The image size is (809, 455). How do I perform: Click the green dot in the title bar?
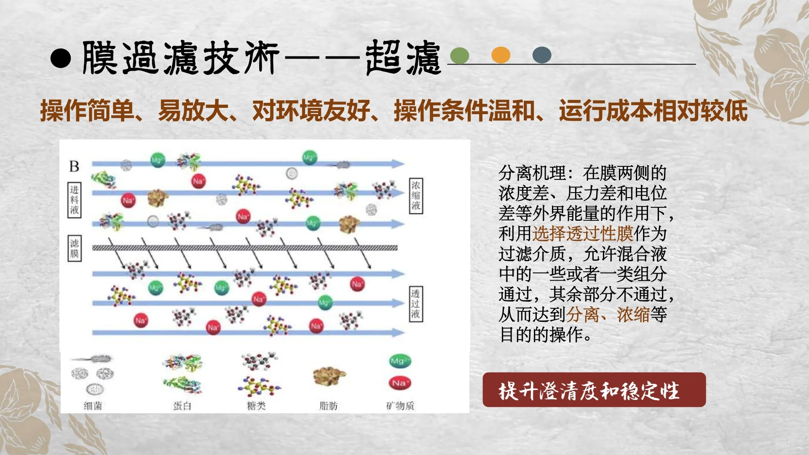[459, 55]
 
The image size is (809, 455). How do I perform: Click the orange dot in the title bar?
[501, 55]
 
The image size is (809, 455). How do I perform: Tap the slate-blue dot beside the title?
[542, 55]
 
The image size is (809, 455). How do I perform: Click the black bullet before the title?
[61, 58]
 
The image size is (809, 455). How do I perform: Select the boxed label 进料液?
[75, 200]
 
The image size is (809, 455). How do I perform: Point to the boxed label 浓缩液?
[416, 196]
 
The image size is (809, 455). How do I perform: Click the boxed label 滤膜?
[75, 248]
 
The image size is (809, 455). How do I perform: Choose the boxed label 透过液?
[415, 304]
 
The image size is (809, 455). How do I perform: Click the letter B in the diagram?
[74, 166]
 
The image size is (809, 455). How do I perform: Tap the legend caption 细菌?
[93, 406]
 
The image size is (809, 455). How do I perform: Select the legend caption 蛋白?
[182, 406]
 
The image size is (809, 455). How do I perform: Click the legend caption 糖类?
[256, 406]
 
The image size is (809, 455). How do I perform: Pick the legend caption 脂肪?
[329, 406]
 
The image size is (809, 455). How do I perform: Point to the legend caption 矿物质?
[400, 406]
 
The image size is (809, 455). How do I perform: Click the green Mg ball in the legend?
[399, 361]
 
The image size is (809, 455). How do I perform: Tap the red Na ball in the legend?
[399, 383]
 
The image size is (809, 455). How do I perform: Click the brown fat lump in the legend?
[329, 376]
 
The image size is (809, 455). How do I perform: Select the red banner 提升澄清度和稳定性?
[594, 390]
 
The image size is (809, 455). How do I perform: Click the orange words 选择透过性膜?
[583, 233]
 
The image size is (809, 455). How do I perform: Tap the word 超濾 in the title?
[403, 58]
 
